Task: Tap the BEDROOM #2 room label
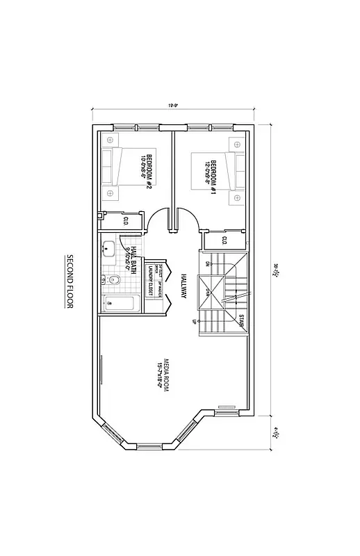point(145,167)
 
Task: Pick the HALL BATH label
point(132,254)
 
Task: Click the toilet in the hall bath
point(114,280)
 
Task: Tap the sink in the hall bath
point(108,247)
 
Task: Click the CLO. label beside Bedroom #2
point(126,221)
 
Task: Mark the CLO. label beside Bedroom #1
point(224,240)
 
